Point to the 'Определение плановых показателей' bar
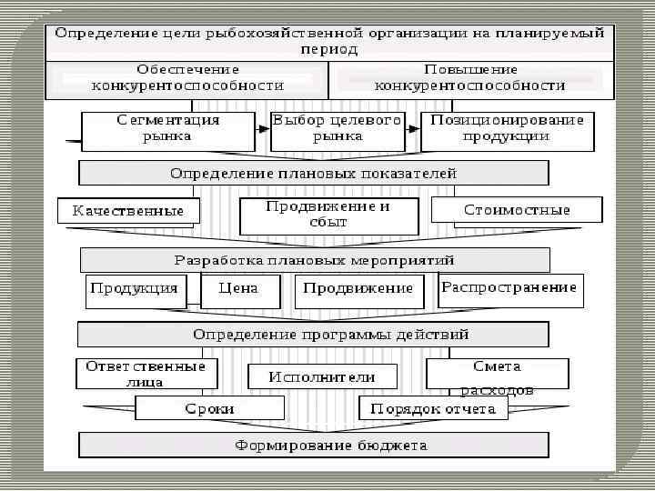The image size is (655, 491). click(314, 173)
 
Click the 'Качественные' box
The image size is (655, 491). click(127, 211)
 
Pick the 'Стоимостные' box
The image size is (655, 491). click(517, 210)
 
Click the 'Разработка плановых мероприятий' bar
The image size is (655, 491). click(315, 260)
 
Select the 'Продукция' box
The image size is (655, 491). click(134, 289)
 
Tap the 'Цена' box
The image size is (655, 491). click(238, 289)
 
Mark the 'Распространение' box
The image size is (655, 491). click(509, 288)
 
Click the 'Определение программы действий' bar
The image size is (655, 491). click(313, 335)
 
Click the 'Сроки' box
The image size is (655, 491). click(209, 409)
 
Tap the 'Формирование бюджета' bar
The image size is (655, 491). click(313, 446)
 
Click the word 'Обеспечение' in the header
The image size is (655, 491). click(188, 69)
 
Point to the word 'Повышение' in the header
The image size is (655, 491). click(470, 69)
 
